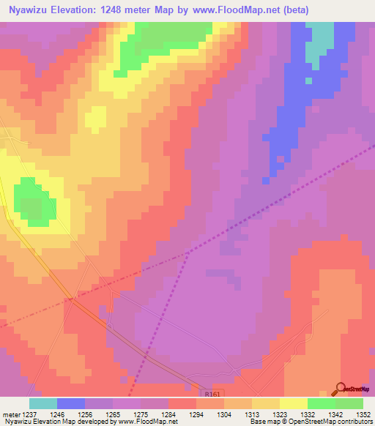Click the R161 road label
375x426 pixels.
click(x=212, y=393)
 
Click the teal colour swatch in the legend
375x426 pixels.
click(x=43, y=403)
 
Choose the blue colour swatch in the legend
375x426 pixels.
click(x=71, y=403)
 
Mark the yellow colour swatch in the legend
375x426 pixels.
click(x=293, y=403)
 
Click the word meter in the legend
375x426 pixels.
click(x=11, y=414)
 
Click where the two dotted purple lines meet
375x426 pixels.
click(x=187, y=253)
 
